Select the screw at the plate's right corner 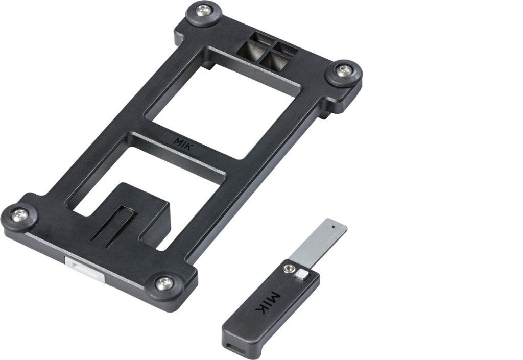pyautogui.click(x=343, y=70)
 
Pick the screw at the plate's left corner pyautogui.click(x=20, y=215)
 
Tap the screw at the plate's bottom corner pyautogui.click(x=164, y=283)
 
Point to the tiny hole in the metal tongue pyautogui.click(x=333, y=226)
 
